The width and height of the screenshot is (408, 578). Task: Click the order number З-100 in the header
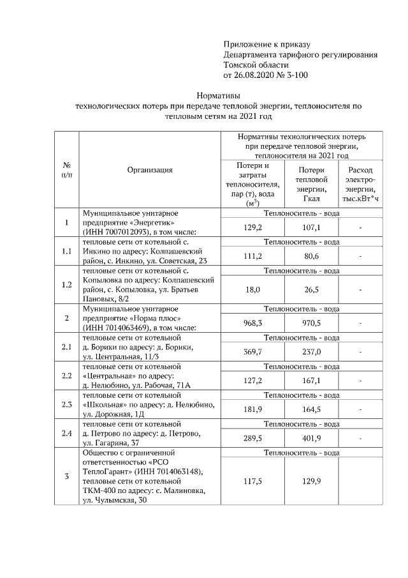click(x=295, y=75)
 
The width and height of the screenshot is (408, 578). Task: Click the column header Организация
click(x=150, y=170)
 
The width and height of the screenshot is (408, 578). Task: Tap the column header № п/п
click(x=66, y=169)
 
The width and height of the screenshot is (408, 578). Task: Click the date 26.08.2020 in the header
click(x=253, y=75)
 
